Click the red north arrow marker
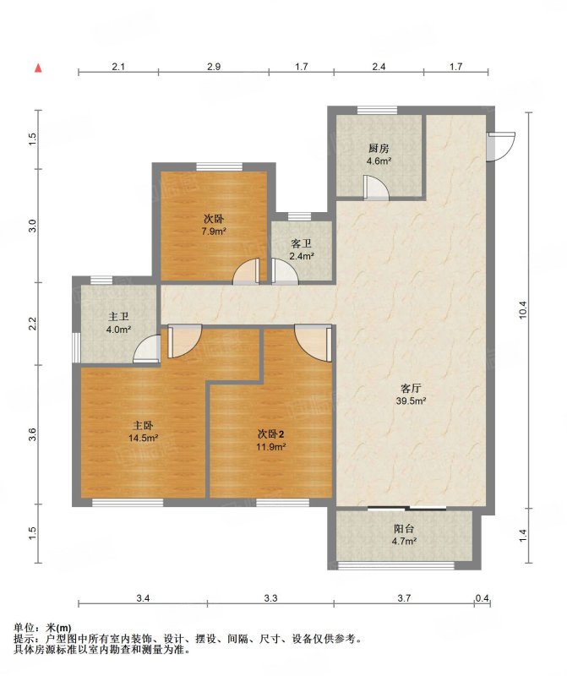pyautogui.click(x=38, y=68)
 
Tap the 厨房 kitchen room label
pyautogui.click(x=379, y=150)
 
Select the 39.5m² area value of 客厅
pyautogui.click(x=411, y=401)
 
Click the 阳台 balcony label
pyautogui.click(x=404, y=529)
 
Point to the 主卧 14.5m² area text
pyautogui.click(x=143, y=438)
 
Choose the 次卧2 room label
pyautogui.click(x=270, y=433)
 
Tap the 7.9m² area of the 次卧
pyautogui.click(x=214, y=231)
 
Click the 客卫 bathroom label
pyautogui.click(x=301, y=244)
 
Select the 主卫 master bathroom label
pyautogui.click(x=118, y=318)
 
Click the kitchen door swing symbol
pyautogui.click(x=375, y=188)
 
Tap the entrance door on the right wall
pyautogui.click(x=500, y=146)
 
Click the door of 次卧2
pyautogui.click(x=313, y=343)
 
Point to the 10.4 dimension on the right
pyautogui.click(x=523, y=309)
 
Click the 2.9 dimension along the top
pyautogui.click(x=214, y=67)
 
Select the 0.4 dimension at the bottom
pyautogui.click(x=482, y=598)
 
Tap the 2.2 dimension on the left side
pyautogui.click(x=32, y=324)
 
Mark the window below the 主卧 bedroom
pyautogui.click(x=128, y=502)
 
